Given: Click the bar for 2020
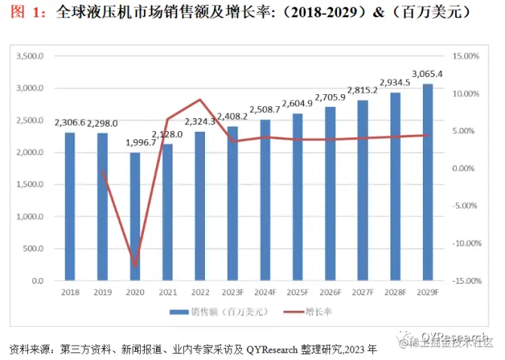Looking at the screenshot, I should click(x=135, y=217).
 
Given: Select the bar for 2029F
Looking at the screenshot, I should click(x=427, y=182).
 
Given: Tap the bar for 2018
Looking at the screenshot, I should click(x=69, y=206).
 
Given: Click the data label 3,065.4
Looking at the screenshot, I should click(x=427, y=74).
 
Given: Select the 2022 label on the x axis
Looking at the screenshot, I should click(x=200, y=293).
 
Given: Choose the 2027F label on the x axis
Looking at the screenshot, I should click(x=363, y=293).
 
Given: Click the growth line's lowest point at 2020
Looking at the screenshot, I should click(x=136, y=266).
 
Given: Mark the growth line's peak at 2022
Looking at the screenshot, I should click(x=200, y=99).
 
